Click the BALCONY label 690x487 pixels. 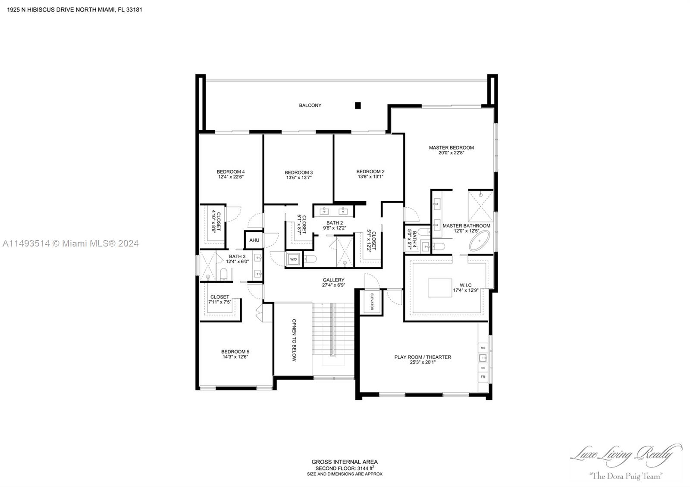pos(310,105)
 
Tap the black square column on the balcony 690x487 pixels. pos(358,105)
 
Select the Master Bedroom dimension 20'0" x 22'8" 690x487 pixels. pos(451,153)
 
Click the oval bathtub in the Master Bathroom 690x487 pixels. pos(480,241)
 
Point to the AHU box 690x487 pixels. pos(254,240)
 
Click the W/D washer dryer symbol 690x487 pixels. pos(293,259)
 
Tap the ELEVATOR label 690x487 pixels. pos(371,302)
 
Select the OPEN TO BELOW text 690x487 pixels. pos(294,340)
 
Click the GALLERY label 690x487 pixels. pos(333,280)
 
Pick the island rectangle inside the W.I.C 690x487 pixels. pos(440,288)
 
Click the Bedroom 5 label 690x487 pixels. pos(235,352)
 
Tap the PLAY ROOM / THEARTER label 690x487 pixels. pos(423,357)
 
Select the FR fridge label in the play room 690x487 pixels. pos(483,377)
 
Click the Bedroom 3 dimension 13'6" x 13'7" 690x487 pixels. pos(298,178)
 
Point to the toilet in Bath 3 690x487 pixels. pos(223,274)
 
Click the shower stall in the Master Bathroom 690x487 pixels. pos(480,206)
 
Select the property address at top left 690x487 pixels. pos(75,9)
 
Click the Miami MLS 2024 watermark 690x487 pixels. pos(70,243)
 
